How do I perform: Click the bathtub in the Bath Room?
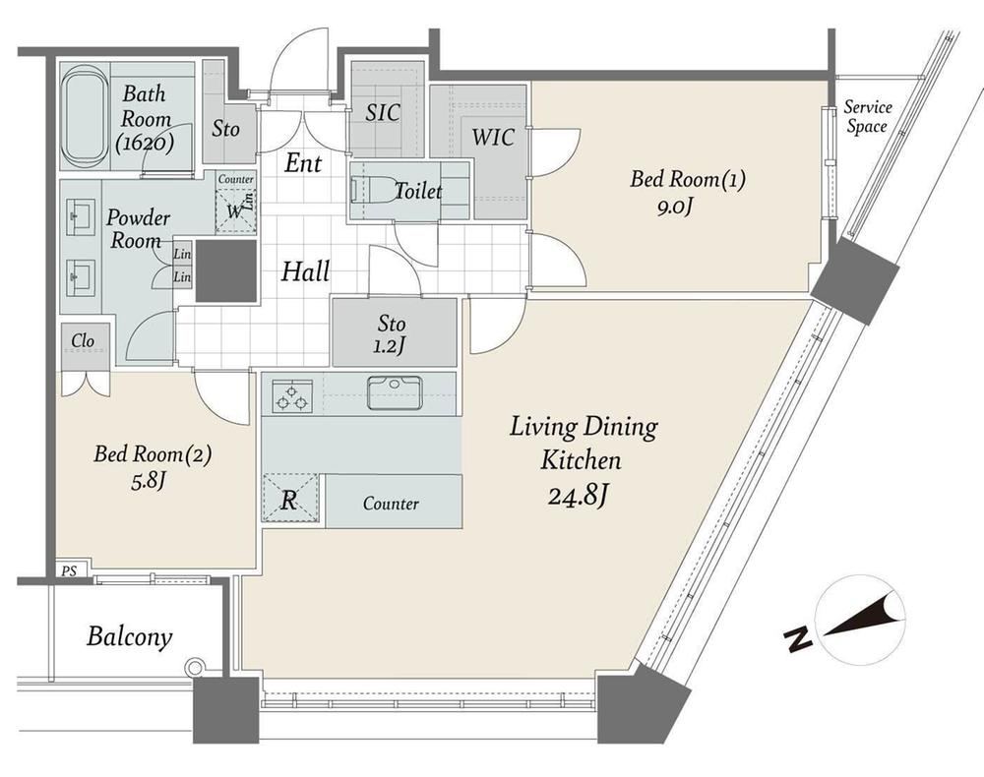(x=85, y=115)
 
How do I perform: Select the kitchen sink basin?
(x=395, y=392)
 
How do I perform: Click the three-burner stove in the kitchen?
(x=292, y=395)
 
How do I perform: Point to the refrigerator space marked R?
(x=290, y=498)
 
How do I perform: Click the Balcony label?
(x=129, y=636)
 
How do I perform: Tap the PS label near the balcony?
(x=70, y=571)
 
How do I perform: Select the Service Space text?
(x=867, y=117)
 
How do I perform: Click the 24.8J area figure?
(x=577, y=497)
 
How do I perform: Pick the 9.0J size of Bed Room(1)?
(x=675, y=207)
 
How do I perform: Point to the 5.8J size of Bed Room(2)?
(x=149, y=481)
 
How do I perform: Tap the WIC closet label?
(x=493, y=138)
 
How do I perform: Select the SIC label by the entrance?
(x=383, y=113)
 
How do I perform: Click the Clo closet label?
(x=83, y=340)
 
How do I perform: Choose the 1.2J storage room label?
(x=388, y=345)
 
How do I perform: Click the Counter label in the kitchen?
(x=391, y=503)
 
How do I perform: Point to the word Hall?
(x=306, y=271)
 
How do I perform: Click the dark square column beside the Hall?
(x=226, y=270)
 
